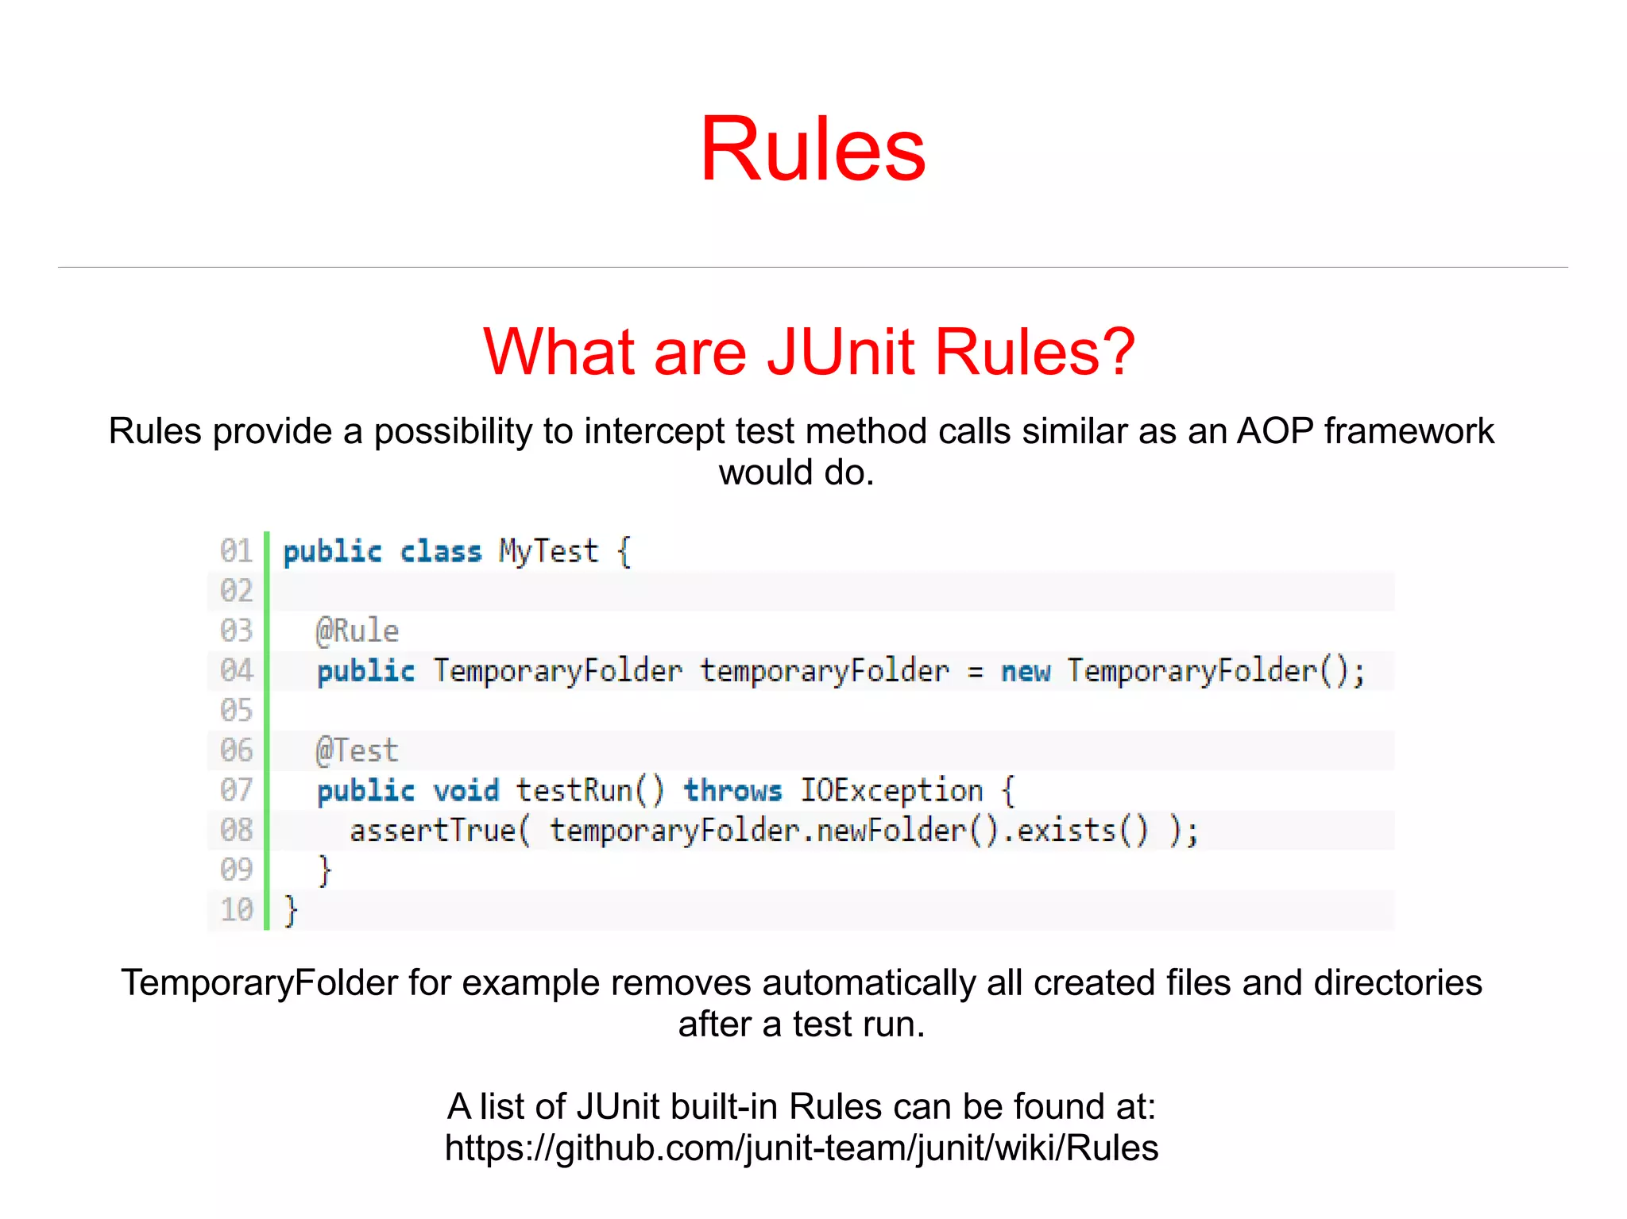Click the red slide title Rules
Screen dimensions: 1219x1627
coord(812,149)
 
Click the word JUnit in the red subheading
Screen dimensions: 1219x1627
coord(841,352)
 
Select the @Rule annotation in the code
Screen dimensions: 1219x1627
coord(357,631)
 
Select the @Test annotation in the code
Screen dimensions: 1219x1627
coord(357,751)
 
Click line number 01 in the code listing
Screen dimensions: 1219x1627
coord(236,551)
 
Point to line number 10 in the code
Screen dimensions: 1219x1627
coord(236,910)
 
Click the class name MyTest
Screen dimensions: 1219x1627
coord(548,551)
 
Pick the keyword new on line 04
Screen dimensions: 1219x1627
coord(1025,672)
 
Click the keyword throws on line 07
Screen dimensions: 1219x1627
coord(732,791)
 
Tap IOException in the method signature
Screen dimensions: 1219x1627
coord(891,791)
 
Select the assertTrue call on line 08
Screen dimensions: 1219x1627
coord(439,831)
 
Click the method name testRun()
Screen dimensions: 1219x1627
coord(589,791)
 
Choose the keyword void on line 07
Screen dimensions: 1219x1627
coord(466,791)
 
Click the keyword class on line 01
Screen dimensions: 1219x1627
coord(440,551)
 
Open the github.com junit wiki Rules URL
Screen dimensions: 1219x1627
coord(801,1148)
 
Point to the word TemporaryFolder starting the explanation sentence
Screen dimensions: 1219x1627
coord(258,983)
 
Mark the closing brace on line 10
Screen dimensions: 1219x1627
coord(291,910)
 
